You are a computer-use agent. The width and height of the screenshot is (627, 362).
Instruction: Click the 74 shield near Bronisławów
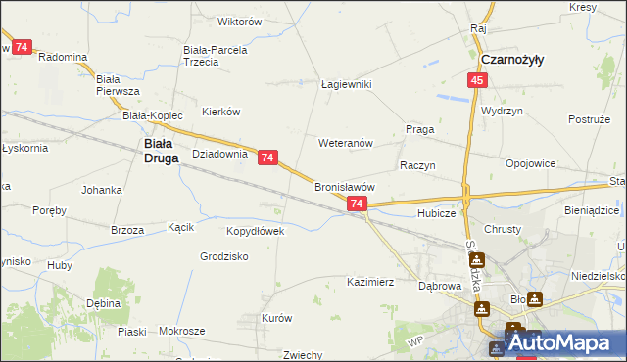point(357,204)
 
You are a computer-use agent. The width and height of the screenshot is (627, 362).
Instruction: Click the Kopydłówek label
point(255,231)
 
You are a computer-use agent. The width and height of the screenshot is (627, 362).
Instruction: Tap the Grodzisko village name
point(223,256)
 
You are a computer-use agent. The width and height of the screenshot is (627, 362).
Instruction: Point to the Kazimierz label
point(370,282)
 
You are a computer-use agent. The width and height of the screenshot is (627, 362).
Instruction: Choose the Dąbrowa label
point(440,286)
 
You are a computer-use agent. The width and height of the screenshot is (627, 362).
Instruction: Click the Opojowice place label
point(531,163)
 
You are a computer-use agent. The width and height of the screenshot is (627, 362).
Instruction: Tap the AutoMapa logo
point(563,343)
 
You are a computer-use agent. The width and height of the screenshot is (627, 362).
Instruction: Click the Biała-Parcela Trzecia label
point(215,55)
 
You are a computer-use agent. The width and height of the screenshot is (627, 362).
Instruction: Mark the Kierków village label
point(220,112)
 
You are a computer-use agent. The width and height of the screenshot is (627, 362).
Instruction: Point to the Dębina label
point(103,304)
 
